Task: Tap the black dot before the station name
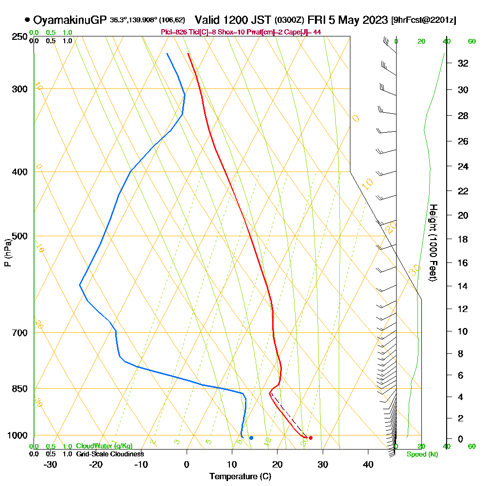[x=27, y=20]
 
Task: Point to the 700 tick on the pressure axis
[x=20, y=332]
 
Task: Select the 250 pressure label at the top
[x=20, y=36]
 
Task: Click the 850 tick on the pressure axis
[x=20, y=388]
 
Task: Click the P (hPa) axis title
[x=7, y=253]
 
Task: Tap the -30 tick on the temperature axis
[x=51, y=464]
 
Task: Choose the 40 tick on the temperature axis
[x=368, y=464]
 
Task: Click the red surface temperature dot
[x=311, y=438]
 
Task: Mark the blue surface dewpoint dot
[x=251, y=438]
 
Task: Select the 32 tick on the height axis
[x=463, y=63]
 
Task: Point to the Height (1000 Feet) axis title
[x=433, y=243]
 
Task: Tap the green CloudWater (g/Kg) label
[x=104, y=446]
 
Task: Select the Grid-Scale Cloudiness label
[x=109, y=454]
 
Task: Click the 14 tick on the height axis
[x=463, y=286]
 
